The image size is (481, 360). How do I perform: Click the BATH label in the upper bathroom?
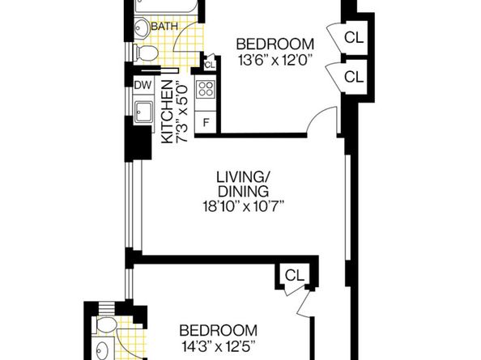[165, 27]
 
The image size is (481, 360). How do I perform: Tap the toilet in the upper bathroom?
[146, 53]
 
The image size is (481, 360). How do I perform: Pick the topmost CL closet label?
[353, 37]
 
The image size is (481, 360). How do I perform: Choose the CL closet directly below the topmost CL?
[353, 77]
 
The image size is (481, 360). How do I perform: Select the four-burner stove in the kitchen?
[206, 90]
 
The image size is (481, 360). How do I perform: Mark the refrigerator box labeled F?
[206, 122]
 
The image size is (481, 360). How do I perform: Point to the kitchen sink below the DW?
[146, 112]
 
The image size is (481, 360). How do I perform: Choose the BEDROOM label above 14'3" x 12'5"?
[218, 330]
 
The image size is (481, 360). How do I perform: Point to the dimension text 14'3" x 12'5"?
[218, 345]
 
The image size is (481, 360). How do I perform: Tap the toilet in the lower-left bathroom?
[103, 328]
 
